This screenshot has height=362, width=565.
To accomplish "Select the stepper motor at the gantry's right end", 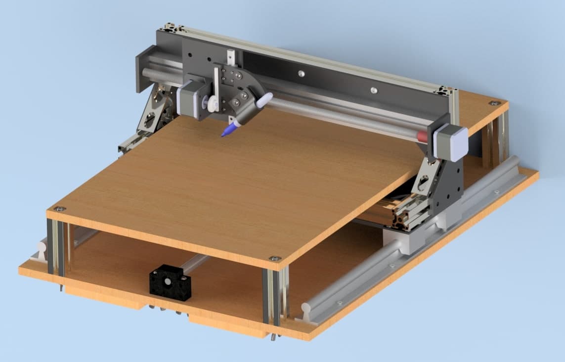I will [x=451, y=142].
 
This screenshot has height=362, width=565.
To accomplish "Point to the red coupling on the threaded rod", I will [x=421, y=136].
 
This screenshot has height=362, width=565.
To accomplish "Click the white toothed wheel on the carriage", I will [x=212, y=104].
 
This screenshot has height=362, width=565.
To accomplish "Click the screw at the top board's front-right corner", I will [x=274, y=259].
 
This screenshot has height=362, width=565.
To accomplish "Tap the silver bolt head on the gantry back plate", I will [x=374, y=90].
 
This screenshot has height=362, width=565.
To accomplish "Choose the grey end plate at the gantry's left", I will [x=145, y=68].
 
